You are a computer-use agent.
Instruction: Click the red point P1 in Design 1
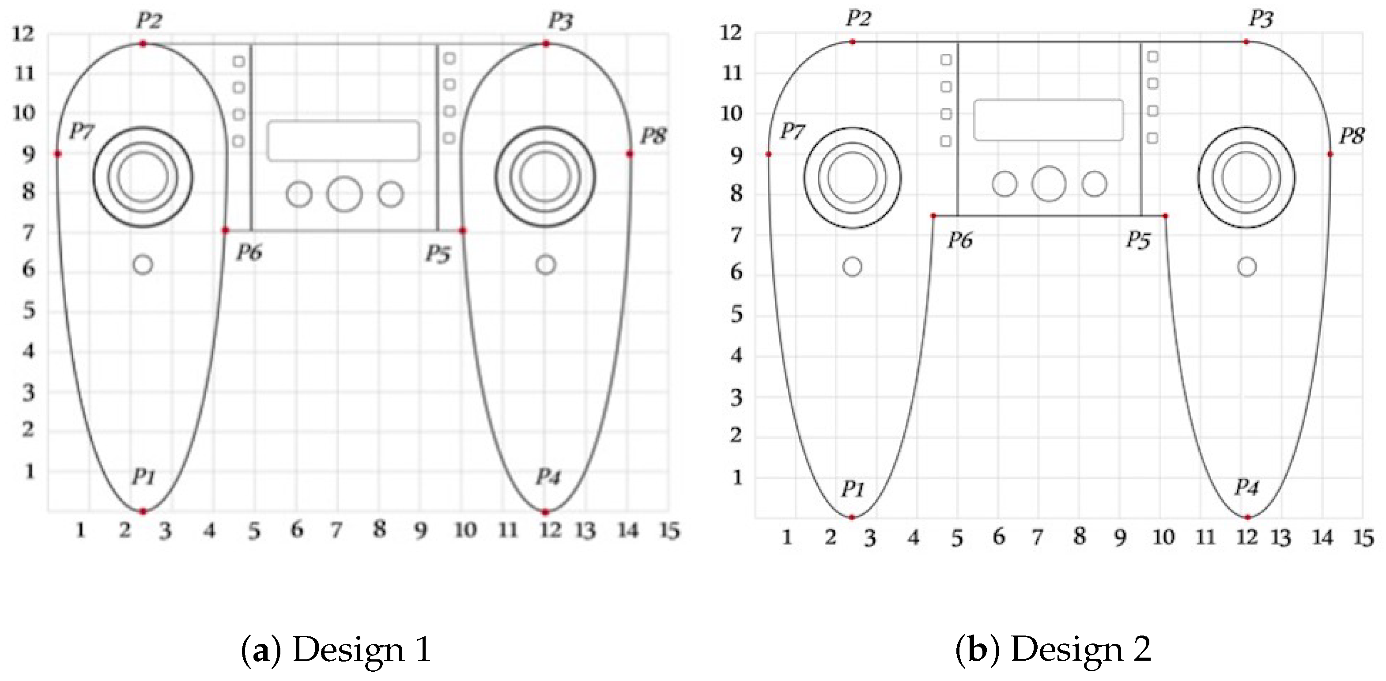pos(143,511)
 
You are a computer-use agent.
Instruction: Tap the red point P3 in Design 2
pos(1246,42)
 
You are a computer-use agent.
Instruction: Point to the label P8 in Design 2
pos(1352,136)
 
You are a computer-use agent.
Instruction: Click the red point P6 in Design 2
pos(933,216)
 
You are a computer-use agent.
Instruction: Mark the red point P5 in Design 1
pos(462,231)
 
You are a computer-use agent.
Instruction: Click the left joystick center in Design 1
pos(143,177)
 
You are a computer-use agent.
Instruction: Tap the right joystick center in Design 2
pos(1246,177)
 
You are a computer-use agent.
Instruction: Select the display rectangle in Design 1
pos(343,140)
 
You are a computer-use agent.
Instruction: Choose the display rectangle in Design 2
pos(1049,120)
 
